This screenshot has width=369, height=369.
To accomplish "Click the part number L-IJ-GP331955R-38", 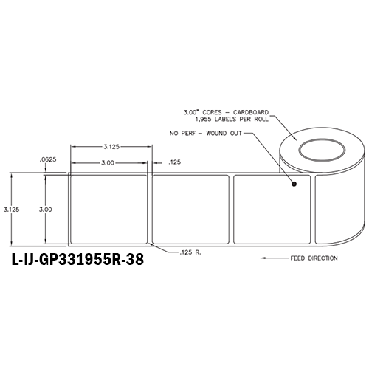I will pos(77,261).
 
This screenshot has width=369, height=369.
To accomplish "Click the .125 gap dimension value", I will pos(175,162).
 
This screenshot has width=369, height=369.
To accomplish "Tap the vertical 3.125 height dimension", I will pos(11,209).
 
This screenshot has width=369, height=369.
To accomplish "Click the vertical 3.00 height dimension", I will pos(45,209).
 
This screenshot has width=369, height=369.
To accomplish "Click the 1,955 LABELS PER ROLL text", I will pos(228,120).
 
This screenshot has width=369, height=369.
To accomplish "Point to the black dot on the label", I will pos(294,184).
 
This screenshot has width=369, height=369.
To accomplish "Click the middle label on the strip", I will pos(192,209).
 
